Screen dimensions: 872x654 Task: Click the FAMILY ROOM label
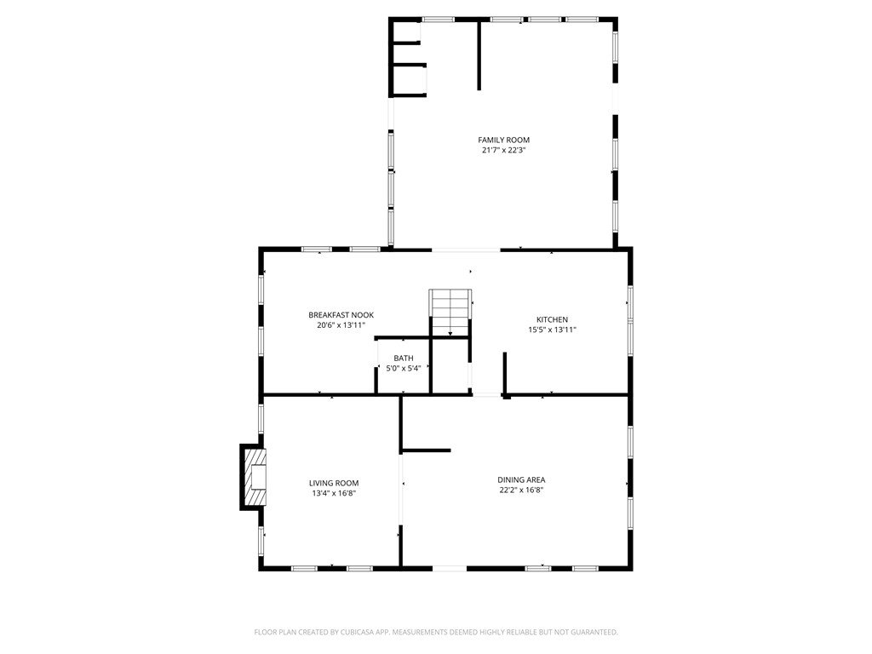click(x=504, y=141)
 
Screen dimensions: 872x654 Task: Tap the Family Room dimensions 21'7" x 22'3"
click(x=504, y=150)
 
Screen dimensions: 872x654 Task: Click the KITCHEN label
click(x=552, y=320)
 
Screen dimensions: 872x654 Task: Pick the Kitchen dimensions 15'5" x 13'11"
click(x=552, y=330)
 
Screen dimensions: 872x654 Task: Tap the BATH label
click(x=404, y=359)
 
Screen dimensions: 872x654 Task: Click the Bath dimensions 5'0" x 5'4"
click(x=404, y=368)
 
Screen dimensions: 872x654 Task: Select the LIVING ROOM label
click(x=334, y=484)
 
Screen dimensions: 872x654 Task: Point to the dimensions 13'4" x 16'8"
click(x=334, y=493)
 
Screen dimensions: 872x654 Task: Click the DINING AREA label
click(x=521, y=480)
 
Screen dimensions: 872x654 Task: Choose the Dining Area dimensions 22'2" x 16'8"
click(x=521, y=490)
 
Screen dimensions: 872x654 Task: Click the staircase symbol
click(x=450, y=313)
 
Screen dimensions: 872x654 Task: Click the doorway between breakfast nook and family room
click(x=466, y=250)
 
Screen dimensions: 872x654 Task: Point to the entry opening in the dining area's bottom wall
click(x=450, y=568)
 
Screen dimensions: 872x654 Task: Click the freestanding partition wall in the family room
click(x=479, y=54)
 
